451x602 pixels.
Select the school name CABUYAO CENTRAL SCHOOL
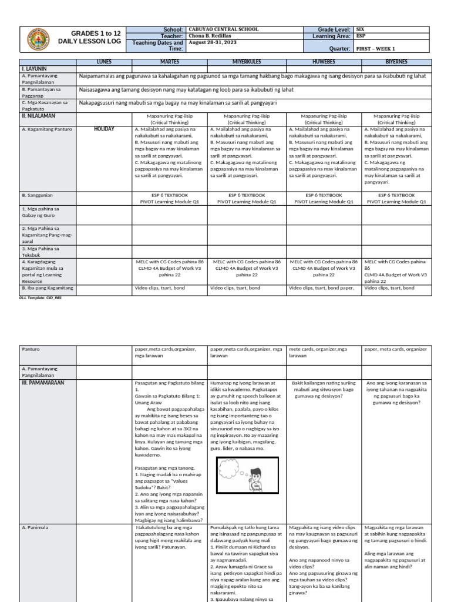[x=224, y=29]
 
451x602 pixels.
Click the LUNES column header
[x=103, y=62]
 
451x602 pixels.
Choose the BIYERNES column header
[x=396, y=62]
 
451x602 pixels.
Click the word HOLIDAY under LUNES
[x=104, y=129]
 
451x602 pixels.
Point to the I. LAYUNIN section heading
[x=34, y=69]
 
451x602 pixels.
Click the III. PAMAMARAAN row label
[x=42, y=382]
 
